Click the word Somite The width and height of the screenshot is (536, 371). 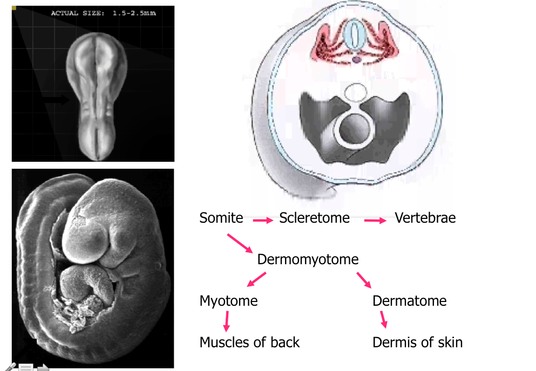tap(221, 218)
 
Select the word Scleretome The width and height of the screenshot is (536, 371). tap(314, 218)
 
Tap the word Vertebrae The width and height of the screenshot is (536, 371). tap(425, 218)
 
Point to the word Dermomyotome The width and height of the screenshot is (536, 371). tap(308, 259)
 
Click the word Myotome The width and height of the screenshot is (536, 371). tap(228, 300)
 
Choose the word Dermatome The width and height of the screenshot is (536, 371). tap(409, 300)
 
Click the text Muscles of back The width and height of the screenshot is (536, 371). tap(249, 342)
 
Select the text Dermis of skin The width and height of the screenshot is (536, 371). tap(417, 342)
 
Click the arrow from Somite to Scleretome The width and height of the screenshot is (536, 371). tap(262, 220)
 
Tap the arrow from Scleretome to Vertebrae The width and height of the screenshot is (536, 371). tap(375, 220)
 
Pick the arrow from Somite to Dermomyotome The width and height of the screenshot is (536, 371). tap(240, 243)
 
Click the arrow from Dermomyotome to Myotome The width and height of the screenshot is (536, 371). tap(256, 279)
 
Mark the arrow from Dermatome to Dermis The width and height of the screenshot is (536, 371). tap(384, 320)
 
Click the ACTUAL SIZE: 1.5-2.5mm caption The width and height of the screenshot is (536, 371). tap(103, 13)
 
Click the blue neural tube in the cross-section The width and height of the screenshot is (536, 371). tap(354, 34)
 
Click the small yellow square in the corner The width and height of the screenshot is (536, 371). tap(14, 8)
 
